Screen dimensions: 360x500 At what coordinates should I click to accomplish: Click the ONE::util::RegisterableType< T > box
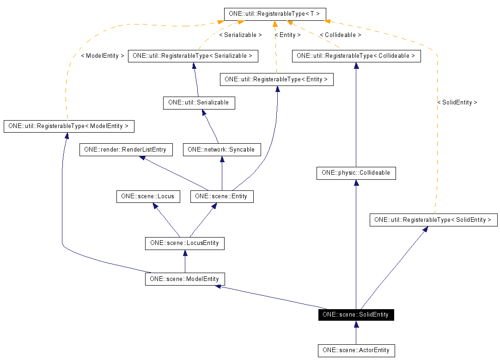pos(275,14)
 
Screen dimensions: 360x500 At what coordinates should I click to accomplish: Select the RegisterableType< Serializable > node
pos(193,56)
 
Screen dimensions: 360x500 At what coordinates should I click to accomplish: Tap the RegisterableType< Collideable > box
pos(356,56)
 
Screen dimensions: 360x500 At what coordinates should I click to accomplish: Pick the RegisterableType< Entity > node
pos(276,79)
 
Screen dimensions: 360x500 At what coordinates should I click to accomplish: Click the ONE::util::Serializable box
pos(199,103)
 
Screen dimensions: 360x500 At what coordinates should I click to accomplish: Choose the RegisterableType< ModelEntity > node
pos(68,126)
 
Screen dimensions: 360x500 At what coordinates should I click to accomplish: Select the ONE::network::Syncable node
pos(222,150)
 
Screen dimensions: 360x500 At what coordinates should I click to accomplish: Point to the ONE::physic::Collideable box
pos(356,173)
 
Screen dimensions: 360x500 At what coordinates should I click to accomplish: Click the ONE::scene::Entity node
pos(221,196)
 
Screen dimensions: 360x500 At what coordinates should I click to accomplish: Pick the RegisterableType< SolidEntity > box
pos(433,220)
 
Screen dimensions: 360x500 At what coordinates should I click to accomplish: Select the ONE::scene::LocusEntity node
pos(184,243)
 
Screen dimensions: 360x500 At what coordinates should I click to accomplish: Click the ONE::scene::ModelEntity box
pos(185,279)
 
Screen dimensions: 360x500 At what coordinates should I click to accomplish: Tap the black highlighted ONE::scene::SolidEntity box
pos(356,315)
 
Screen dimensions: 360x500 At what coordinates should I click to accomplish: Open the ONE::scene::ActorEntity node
pos(356,350)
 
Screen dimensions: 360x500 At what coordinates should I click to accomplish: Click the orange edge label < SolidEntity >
pos(457,103)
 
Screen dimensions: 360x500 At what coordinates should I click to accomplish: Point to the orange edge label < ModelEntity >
pos(103,56)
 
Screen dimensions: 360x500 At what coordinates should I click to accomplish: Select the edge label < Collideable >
pos(340,35)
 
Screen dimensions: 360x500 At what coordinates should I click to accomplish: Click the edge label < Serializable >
pos(240,35)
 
